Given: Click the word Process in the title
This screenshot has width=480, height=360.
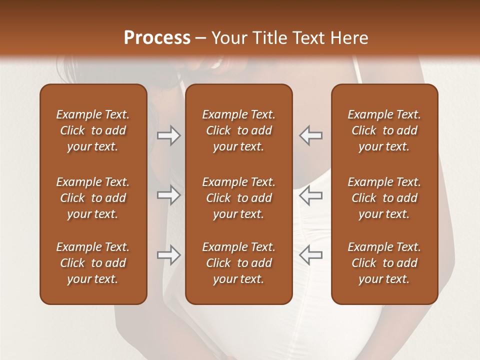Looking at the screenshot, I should pos(157,38).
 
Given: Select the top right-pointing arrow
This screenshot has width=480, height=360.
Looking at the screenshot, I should pos(168,135).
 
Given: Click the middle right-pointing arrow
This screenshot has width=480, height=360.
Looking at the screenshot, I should pos(168,195).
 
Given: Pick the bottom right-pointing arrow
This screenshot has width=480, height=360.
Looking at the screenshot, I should pos(168,255).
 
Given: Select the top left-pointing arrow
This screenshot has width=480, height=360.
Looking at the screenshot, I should pos(310,135).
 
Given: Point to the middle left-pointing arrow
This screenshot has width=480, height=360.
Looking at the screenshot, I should pos(310,195).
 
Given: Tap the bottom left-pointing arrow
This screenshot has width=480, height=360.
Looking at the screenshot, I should pos(310,255).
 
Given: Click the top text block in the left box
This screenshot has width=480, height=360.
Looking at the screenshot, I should pos(93,130).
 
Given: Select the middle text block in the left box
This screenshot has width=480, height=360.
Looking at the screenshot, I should pos(93,198).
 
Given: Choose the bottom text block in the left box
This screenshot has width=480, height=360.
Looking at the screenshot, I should pos(93,263).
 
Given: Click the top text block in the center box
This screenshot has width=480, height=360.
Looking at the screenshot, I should pos(238,130).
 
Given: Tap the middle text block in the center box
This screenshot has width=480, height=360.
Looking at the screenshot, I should pos(238,198).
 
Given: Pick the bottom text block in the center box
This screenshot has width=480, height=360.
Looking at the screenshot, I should pos(238,263).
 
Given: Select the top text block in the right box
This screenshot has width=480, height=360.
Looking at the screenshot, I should pos(384,130).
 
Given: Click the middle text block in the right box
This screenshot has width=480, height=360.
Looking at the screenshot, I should pos(384,198).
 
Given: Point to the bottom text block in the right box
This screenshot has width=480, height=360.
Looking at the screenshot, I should pos(384,263).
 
